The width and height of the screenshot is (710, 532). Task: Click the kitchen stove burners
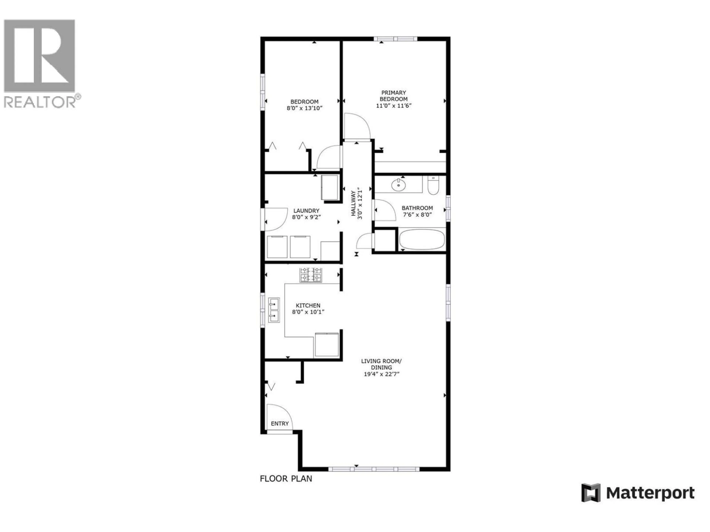tap(311, 275)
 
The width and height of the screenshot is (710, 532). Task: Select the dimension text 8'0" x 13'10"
tap(304, 108)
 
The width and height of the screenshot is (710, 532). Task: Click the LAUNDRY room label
tap(306, 211)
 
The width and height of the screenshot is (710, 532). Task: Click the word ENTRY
tap(280, 424)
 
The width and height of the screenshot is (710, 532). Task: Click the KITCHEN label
tap(308, 306)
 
